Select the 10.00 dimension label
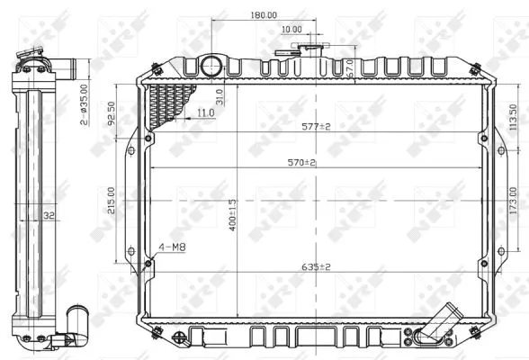(291, 30)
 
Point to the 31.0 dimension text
(219, 97)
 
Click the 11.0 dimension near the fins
(204, 112)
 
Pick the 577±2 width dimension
(316, 127)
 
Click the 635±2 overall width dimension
(316, 266)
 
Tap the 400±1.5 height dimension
(232, 214)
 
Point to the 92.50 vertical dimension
(111, 118)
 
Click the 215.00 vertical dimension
(111, 206)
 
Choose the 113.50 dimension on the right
(513, 118)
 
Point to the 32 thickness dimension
(50, 216)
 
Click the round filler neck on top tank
(211, 66)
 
